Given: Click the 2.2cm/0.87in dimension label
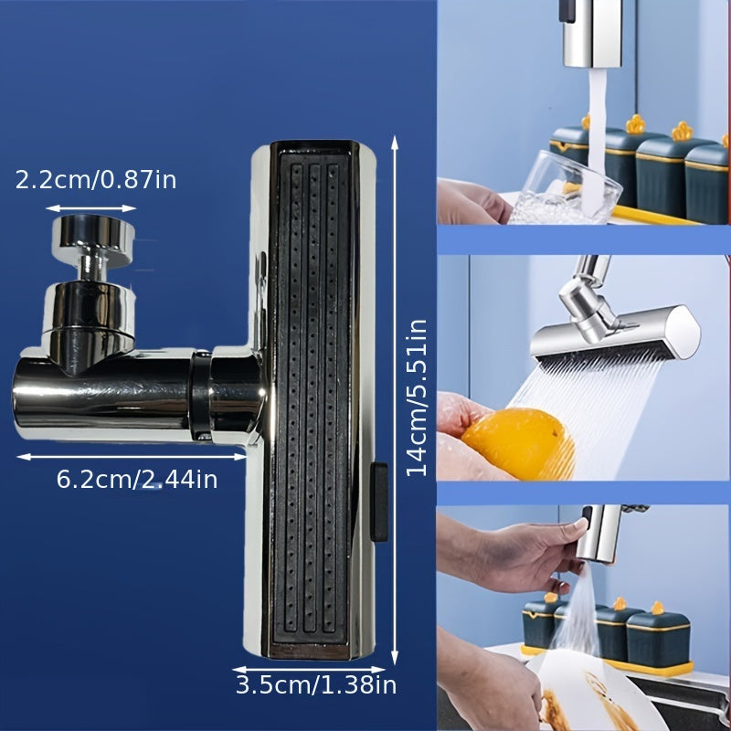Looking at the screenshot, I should pos(96,179).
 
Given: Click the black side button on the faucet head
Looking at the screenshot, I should pos(378,502).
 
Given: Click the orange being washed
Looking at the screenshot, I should pos(516,443).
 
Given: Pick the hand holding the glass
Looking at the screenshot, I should pos(471,201).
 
